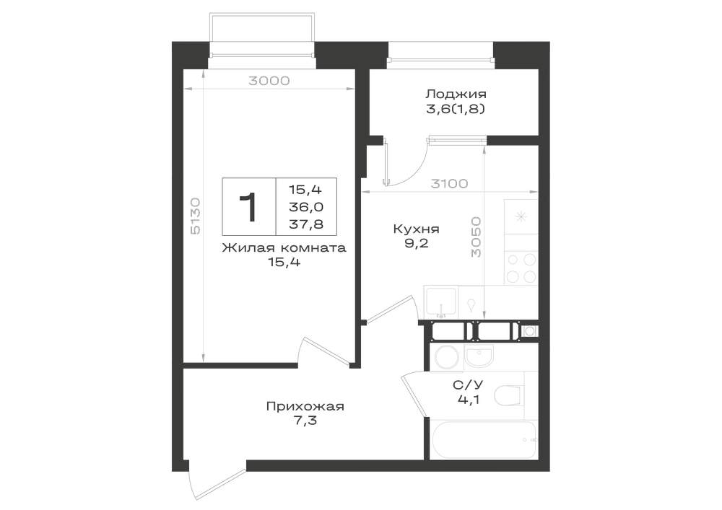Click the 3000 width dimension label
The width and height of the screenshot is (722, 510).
point(269,81)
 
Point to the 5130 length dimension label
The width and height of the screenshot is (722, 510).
point(195,216)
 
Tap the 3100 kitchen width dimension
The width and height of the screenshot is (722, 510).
point(449,184)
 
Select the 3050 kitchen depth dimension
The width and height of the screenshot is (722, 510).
point(476,237)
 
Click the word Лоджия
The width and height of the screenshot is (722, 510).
point(456,94)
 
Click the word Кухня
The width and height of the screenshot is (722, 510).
point(417,229)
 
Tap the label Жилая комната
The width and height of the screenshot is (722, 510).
point(284,248)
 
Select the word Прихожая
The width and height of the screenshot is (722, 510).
point(305,407)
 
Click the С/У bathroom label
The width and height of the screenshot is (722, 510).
point(468,385)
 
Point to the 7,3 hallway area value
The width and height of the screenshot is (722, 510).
point(305,421)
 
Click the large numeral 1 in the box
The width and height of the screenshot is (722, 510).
point(248,207)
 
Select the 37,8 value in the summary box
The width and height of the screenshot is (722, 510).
point(305,224)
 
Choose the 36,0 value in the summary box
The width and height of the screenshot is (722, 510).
point(305,207)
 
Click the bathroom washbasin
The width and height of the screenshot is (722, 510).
point(479,356)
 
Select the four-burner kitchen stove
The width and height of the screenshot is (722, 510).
point(521,268)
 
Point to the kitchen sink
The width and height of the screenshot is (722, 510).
point(440,302)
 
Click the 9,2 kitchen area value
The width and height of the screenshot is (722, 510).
point(417,243)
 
